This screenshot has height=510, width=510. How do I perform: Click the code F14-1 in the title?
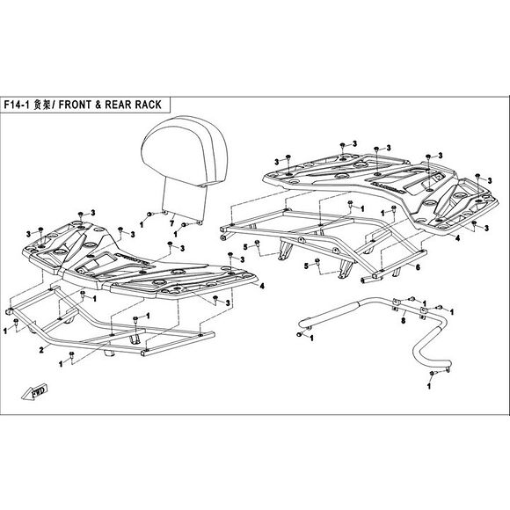[x=26, y=101]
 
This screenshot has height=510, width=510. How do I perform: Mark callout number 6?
[x=418, y=266]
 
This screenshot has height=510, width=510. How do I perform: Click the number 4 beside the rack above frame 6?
[x=457, y=237]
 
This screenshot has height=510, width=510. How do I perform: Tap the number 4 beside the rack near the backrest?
[x=261, y=286]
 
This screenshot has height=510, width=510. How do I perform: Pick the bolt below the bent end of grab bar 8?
[x=432, y=374]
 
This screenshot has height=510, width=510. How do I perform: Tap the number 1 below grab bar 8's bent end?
[x=432, y=385]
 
